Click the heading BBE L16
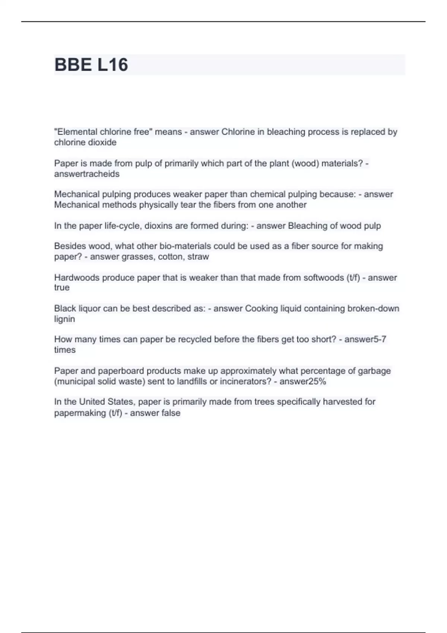point(91,65)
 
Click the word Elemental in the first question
point(77,132)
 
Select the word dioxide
point(103,142)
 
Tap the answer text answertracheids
point(87,174)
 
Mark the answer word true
point(62,287)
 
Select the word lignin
point(64,319)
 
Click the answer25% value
point(302,381)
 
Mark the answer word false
point(170,413)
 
